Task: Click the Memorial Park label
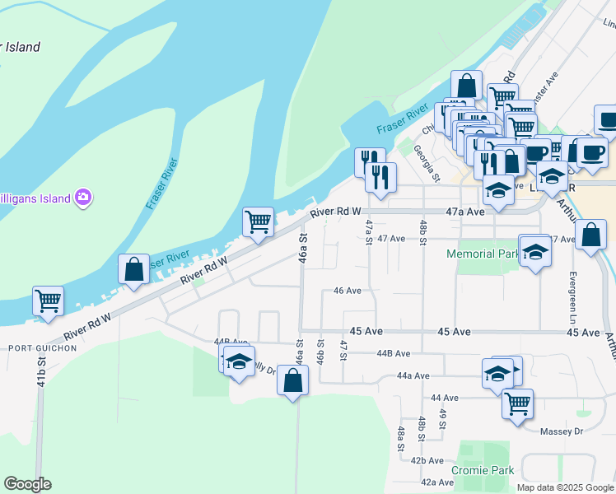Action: pos(483,254)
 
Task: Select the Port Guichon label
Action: pos(42,348)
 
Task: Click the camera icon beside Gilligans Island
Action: pos(82,197)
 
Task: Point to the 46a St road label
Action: pos(303,247)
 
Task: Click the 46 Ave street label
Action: pos(348,291)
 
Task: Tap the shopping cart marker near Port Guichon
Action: pos(48,301)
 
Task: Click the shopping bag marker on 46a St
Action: pos(292,380)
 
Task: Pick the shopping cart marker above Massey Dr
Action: pos(517,403)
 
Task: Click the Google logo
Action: pos(27,484)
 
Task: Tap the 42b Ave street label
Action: pos(427,460)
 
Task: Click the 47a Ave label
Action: pos(465,211)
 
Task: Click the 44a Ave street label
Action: pos(413,375)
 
